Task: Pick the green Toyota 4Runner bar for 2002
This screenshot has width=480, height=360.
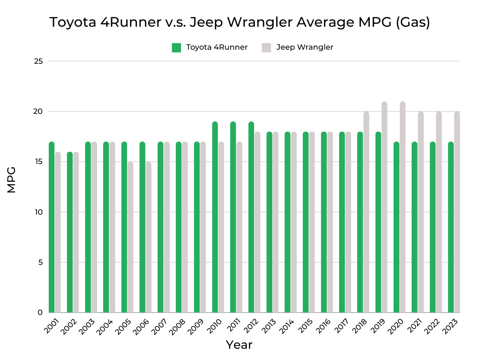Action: coord(70,232)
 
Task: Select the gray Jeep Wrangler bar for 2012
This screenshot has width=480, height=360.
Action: coord(257,222)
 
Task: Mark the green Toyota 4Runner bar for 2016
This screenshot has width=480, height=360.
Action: coord(324,222)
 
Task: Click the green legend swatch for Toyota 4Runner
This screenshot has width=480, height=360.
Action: coord(176,47)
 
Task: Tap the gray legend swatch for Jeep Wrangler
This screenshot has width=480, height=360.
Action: coord(266,47)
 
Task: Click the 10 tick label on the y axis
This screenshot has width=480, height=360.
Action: coord(38,212)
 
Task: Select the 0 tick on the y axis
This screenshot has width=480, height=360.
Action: coord(40,313)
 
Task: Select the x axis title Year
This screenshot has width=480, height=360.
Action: coord(239,345)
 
